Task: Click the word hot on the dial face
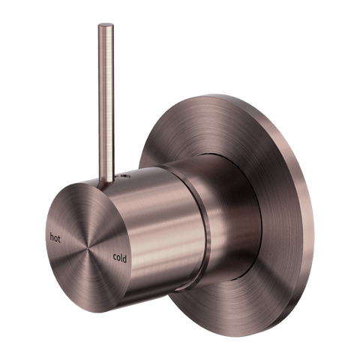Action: [55, 238]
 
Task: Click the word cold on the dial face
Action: [120, 257]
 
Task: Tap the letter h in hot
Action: [52, 236]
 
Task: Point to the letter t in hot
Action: [59, 239]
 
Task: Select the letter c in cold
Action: [115, 257]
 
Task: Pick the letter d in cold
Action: [124, 259]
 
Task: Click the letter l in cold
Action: [121, 257]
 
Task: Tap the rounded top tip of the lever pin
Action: [106, 25]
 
